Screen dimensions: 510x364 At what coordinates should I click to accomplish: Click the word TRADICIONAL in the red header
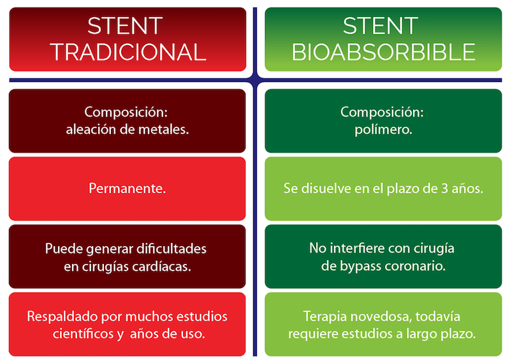128,52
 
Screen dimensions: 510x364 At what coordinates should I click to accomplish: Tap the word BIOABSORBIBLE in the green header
384,52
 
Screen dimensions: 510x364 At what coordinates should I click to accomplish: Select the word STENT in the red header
125,25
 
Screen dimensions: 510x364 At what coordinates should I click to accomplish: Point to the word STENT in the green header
380,25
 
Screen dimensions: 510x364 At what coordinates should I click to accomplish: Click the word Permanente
127,188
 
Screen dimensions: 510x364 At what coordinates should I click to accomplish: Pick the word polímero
383,130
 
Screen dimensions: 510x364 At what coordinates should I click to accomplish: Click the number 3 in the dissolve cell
444,189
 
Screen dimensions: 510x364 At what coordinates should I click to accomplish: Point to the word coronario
415,266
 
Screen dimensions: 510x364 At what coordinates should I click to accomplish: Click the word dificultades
171,249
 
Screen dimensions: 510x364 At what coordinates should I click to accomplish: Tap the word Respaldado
62,316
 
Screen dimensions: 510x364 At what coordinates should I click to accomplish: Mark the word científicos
84,334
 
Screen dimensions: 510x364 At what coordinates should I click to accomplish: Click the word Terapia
325,316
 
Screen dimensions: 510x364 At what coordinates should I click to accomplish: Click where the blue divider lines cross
255,80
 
